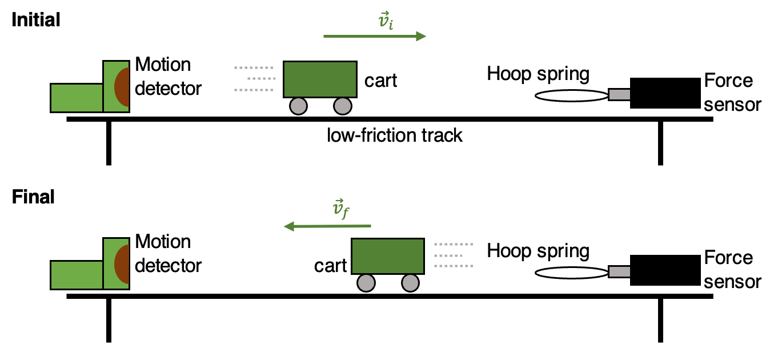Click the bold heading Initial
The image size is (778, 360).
coord(35,20)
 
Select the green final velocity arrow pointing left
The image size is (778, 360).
coord(328,227)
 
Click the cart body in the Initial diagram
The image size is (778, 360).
coord(320,79)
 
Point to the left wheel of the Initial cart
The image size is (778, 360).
coord(298,106)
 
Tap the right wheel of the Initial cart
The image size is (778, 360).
coord(342,106)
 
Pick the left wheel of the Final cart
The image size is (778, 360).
coord(366,283)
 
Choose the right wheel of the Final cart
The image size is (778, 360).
coord(410,283)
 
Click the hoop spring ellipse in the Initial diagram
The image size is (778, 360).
coord(571,96)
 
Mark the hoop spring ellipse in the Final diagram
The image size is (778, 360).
coord(571,273)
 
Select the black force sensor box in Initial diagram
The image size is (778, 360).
coord(665,93)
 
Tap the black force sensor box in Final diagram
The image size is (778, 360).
coord(665,270)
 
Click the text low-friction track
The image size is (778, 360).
coord(394,135)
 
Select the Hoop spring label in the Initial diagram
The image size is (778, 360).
coord(538,74)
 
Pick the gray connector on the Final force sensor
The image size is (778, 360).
coord(619,272)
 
